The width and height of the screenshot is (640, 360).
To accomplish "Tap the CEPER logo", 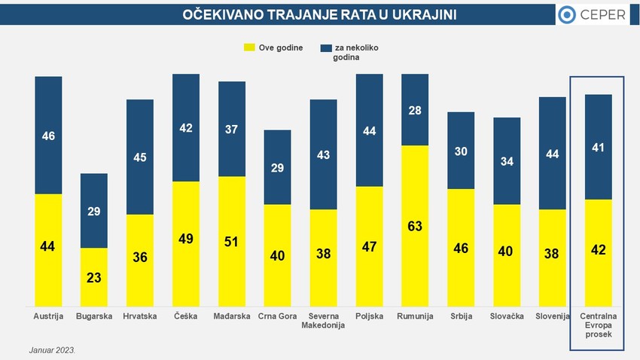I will click(592, 15).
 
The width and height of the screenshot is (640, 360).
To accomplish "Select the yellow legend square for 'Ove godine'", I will click(248, 47).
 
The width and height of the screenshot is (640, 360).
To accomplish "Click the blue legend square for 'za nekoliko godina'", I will click(326, 47).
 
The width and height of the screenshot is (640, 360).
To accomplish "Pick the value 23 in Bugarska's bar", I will click(94, 276).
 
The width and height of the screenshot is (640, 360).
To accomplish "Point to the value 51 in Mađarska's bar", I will click(232, 241).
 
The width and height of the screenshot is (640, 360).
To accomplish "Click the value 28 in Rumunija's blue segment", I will click(415, 111).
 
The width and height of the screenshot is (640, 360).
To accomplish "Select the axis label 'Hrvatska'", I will click(140, 316).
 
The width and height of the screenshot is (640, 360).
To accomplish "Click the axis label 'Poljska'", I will click(369, 316).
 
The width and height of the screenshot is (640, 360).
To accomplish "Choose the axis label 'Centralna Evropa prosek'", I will click(597, 325).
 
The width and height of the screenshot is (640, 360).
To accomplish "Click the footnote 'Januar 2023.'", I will click(53, 350).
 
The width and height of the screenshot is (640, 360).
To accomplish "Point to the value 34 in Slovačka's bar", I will click(507, 161).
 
